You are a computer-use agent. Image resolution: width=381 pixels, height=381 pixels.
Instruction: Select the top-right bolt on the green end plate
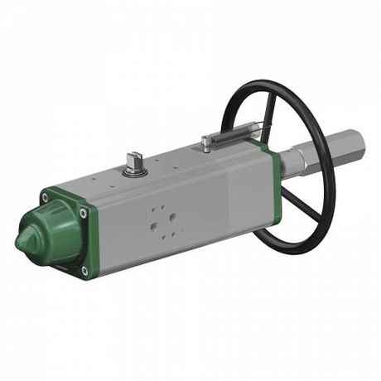click(83, 214)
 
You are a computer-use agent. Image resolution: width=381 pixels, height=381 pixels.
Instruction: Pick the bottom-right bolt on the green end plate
click(84, 270)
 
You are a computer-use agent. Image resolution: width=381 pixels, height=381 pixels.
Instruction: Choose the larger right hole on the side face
click(172, 218)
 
